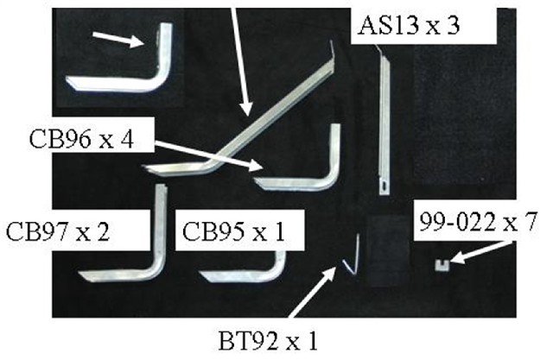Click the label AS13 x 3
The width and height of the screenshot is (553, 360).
pyautogui.click(x=409, y=26)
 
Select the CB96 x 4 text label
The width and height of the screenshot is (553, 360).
pyautogui.click(x=81, y=139)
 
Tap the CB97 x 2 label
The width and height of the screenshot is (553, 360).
pyautogui.click(x=58, y=231)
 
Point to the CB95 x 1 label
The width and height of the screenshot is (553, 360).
pyautogui.click(x=233, y=231)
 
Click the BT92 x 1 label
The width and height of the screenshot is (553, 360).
pyautogui.click(x=268, y=341)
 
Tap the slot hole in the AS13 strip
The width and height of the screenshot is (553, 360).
pyautogui.click(x=385, y=184)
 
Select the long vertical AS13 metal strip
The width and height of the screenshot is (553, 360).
pyautogui.click(x=384, y=120)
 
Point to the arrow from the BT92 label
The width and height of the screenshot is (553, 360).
pyautogui.click(x=313, y=292)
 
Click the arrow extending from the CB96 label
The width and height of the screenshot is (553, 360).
pyautogui.click(x=209, y=155)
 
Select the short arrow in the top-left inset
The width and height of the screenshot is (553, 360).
pyautogui.click(x=119, y=40)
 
